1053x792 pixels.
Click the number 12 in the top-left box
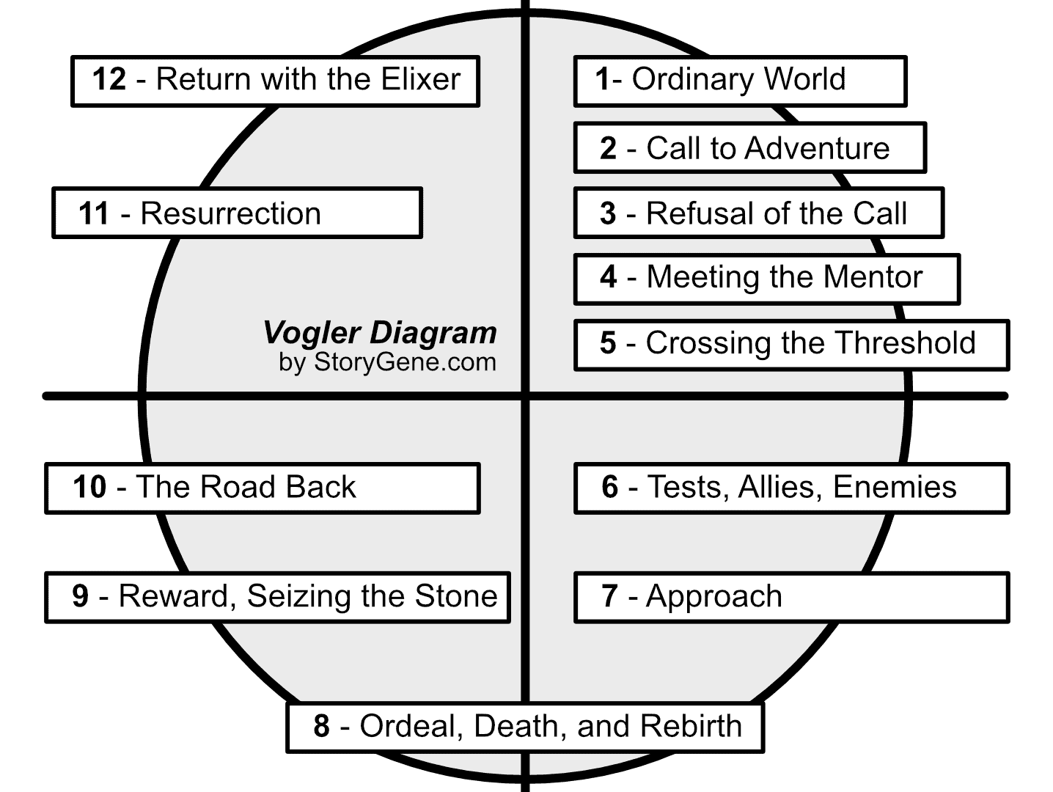pos(109,79)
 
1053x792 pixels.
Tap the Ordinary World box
pos(739,81)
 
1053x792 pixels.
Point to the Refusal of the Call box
pos(757,213)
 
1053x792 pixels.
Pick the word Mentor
pos(873,277)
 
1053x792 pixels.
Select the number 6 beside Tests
pos(610,488)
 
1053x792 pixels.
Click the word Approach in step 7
pos(713,597)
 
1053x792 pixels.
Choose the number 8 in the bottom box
pos(321,726)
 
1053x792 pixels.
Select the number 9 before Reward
pos(80,596)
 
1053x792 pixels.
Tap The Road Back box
pos(262,488)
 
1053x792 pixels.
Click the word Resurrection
pos(230,213)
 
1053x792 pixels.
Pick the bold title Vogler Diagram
pos(380,332)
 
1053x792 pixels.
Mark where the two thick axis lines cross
pos(525,396)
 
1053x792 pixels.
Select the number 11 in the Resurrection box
pos(94,213)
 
